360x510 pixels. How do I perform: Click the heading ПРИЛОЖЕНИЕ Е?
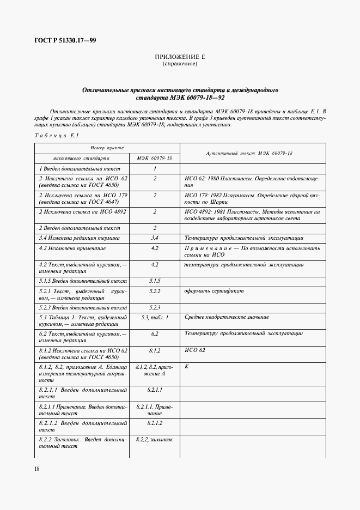click(180, 57)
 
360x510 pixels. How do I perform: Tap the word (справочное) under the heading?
click(180, 64)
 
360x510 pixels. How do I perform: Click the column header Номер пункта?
click(107, 148)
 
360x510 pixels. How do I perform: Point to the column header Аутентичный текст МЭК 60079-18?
click(249, 153)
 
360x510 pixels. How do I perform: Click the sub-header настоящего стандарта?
click(82, 158)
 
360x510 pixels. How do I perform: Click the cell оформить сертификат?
click(214, 291)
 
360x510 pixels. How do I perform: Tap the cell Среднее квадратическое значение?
click(226, 317)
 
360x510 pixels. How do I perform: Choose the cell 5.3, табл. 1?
click(155, 317)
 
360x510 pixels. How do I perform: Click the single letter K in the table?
click(186, 367)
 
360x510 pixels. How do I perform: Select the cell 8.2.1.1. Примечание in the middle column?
click(155, 410)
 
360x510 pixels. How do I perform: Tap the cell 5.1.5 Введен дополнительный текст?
click(82, 281)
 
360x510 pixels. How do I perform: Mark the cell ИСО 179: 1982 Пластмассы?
click(252, 198)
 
